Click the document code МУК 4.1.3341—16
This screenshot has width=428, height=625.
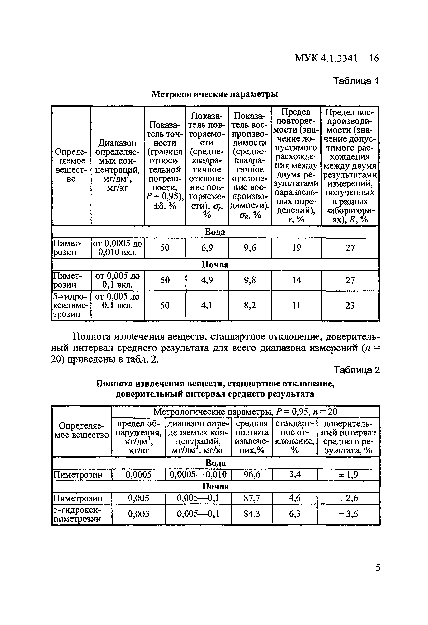click(x=337, y=58)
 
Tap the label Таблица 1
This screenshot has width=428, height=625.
click(x=356, y=81)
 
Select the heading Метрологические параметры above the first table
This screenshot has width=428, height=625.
click(x=215, y=94)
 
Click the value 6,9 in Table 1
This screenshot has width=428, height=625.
click(x=207, y=248)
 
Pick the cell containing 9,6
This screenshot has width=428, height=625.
click(x=250, y=248)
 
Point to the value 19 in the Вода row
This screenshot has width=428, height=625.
click(x=296, y=248)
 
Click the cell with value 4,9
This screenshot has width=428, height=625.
click(x=207, y=280)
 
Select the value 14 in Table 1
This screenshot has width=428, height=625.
click(x=296, y=280)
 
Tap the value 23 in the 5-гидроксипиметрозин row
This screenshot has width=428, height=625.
click(x=350, y=305)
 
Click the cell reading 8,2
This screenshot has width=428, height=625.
click(x=250, y=305)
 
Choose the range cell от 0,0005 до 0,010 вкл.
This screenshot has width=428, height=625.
click(x=118, y=248)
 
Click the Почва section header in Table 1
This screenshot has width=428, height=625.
click(x=215, y=264)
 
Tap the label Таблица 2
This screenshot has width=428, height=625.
click(x=356, y=370)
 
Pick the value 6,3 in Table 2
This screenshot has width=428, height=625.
click(x=295, y=514)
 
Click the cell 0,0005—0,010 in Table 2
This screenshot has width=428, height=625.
click(x=198, y=474)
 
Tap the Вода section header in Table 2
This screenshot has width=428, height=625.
click(x=215, y=463)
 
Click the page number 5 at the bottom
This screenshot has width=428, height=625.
click(x=377, y=568)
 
